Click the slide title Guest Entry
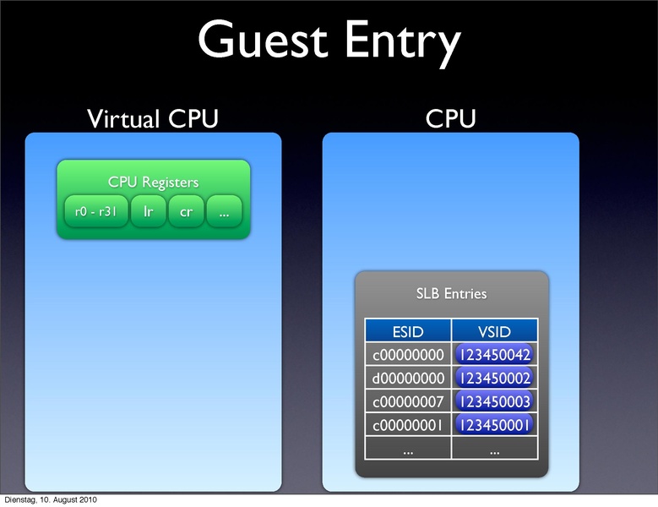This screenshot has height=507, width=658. click(329, 42)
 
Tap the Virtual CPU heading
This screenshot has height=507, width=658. click(153, 119)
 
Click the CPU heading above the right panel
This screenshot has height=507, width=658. click(450, 119)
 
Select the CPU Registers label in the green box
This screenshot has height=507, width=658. click(153, 182)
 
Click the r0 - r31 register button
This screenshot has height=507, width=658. click(95, 212)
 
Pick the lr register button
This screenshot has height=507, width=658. click(148, 212)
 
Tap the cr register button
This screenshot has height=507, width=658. click(186, 212)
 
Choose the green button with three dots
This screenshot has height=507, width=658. click(224, 212)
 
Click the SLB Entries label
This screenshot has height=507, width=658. click(451, 294)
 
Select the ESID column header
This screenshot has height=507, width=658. click(408, 332)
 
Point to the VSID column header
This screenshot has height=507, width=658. click(494, 332)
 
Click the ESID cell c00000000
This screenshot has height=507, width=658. click(408, 355)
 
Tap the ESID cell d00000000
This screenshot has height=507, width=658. click(408, 378)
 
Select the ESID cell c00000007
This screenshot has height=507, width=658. click(408, 401)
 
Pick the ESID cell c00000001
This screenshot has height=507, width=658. click(408, 425)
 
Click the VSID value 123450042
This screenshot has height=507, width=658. click(494, 355)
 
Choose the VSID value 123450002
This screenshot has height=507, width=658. click(494, 378)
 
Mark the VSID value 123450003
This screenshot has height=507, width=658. click(494, 401)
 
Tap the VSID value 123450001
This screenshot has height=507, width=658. click(494, 425)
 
